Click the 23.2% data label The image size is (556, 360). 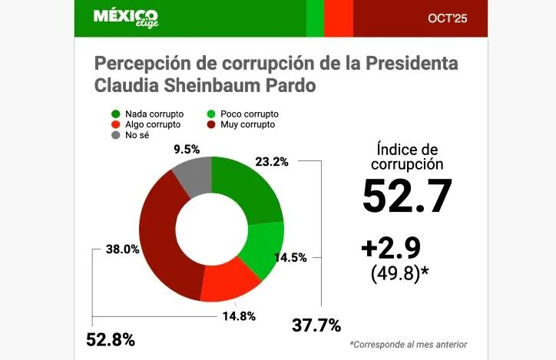275,162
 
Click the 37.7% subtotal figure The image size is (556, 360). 316,325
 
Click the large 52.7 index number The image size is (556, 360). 407,196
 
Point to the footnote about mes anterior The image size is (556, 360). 408,344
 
